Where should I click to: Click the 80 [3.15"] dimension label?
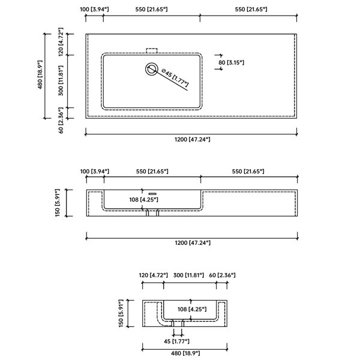(231, 62)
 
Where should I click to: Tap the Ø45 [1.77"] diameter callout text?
(175, 77)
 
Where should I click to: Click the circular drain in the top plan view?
(152, 68)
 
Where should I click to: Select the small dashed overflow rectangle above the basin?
(152, 50)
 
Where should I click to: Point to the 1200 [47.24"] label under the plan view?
(193, 139)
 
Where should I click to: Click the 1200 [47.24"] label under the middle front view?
(193, 242)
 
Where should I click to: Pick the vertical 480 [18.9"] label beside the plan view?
(40, 74)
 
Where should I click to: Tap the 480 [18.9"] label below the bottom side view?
(185, 353)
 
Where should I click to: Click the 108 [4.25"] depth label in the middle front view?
(144, 200)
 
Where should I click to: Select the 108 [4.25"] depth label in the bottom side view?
(192, 309)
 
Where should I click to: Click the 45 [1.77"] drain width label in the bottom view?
(176, 341)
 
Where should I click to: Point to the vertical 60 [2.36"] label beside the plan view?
(61, 120)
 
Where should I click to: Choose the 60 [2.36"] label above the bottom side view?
(222, 275)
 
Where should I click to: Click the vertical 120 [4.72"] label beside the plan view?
(61, 42)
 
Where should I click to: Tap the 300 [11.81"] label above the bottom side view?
(188, 275)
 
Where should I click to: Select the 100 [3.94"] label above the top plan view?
(94, 10)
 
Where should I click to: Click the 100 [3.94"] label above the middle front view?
(95, 172)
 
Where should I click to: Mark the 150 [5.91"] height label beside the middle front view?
(58, 203)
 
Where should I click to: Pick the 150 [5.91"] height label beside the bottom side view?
(121, 313)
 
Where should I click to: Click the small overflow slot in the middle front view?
(152, 194)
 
